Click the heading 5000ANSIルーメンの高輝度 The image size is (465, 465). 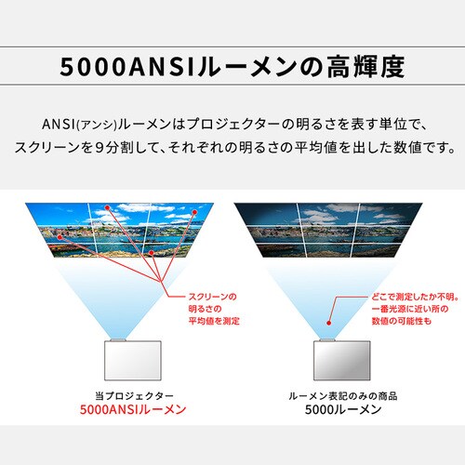pos(232,67)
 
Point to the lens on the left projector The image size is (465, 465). pos(119,336)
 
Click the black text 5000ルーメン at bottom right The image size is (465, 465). pos(338,409)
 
